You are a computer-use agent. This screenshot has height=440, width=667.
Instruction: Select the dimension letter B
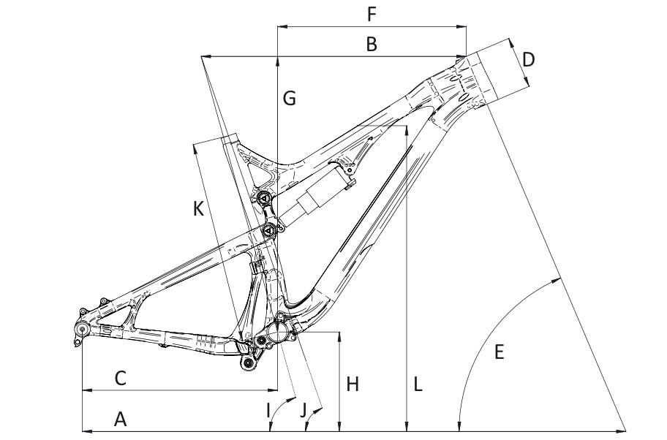coord(372,45)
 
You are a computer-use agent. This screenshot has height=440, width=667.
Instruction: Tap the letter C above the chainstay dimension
coord(121,378)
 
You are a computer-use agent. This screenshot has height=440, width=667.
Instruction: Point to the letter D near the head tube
coord(529,58)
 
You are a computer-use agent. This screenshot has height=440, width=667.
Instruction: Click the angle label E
coord(500,352)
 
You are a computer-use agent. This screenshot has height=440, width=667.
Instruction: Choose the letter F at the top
coord(372,15)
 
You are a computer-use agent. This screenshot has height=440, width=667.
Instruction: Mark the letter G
coord(290,98)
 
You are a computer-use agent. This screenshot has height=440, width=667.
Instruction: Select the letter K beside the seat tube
coord(198,209)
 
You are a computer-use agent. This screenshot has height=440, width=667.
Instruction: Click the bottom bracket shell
coord(279,330)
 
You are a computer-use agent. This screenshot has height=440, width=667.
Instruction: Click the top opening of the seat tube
coord(227,137)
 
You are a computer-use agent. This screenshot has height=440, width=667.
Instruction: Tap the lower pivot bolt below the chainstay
coord(249,360)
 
